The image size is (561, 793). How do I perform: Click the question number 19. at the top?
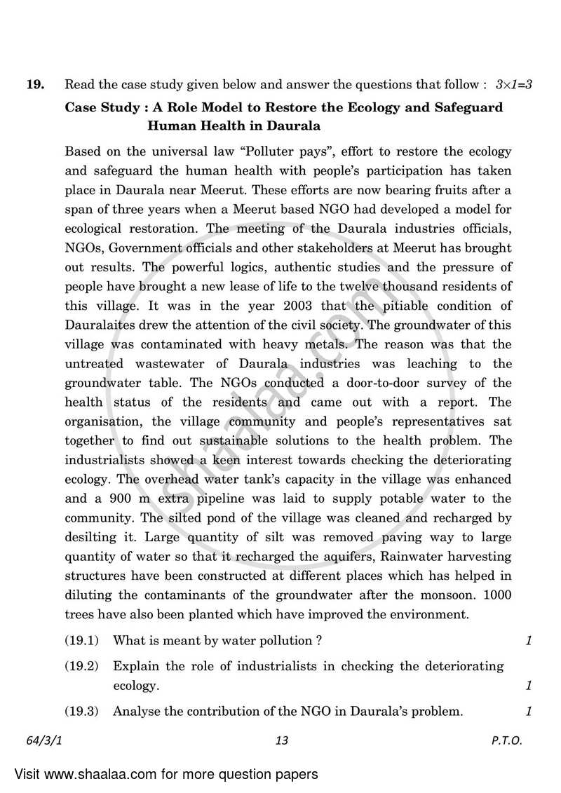(35, 86)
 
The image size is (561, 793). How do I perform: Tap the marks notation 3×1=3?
(513, 86)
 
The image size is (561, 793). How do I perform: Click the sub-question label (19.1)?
(81, 640)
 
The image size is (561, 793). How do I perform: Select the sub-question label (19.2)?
(81, 666)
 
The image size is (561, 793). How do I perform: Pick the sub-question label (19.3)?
(81, 712)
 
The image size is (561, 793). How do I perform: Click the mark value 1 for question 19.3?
(528, 712)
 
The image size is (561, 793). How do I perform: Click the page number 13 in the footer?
(282, 740)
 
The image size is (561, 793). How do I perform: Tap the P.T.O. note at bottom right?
(506, 740)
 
